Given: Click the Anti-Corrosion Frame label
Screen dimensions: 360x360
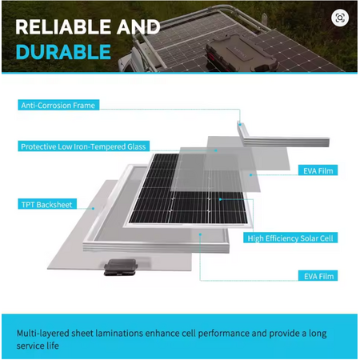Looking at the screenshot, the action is pos(58,105).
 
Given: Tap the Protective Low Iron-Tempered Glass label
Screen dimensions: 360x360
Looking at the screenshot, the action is pos(83,146).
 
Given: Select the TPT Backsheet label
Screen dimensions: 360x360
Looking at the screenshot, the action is pos(47,204).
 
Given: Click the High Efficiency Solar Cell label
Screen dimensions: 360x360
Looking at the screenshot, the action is pos(290,238).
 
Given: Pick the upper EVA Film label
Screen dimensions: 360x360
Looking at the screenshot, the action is pos(318,170).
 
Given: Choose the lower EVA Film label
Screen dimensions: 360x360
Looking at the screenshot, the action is pos(318,276).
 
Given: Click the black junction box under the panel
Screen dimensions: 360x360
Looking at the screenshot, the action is pos(121,267).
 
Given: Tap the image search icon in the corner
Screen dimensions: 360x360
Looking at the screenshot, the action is pos(340,18).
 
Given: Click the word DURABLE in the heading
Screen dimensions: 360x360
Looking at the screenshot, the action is pos(63,52).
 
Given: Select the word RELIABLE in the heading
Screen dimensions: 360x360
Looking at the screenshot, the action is pos(63,27).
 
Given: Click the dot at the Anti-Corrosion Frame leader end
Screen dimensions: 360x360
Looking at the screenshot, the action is pos(240,124).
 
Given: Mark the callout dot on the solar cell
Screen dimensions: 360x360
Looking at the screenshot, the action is pos(220,199).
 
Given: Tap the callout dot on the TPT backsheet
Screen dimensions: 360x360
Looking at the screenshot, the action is pos(93,208).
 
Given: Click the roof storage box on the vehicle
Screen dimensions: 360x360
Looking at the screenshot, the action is pos(242,53).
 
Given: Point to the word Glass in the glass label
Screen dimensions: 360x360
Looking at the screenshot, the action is pos(136,146).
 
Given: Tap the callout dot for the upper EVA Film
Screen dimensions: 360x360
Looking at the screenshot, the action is pos(250,175).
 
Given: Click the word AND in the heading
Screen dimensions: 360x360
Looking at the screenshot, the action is pos(138,27).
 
